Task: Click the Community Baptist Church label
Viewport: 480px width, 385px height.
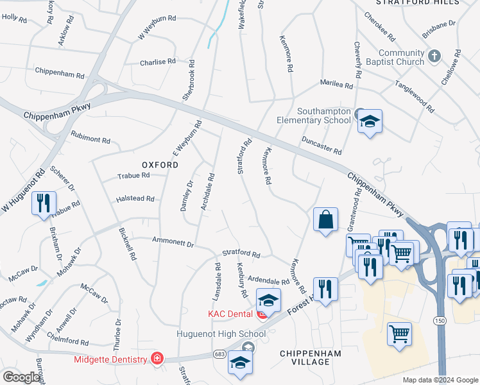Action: click(x=402, y=57)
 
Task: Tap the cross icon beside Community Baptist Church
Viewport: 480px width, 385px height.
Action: click(x=434, y=56)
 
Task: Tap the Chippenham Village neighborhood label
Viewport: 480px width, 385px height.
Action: click(x=310, y=357)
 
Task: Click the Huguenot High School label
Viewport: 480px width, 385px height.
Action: click(x=221, y=334)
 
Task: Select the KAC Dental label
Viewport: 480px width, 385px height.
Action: click(x=231, y=314)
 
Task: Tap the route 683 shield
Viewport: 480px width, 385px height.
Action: click(x=219, y=355)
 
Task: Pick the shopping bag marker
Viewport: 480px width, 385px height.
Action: click(x=326, y=219)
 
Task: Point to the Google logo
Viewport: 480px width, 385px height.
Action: click(x=21, y=377)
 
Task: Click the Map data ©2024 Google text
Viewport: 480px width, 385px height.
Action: click(x=440, y=380)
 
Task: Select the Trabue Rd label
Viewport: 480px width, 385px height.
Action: click(x=133, y=175)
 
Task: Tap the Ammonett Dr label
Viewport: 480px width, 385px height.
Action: click(x=173, y=243)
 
